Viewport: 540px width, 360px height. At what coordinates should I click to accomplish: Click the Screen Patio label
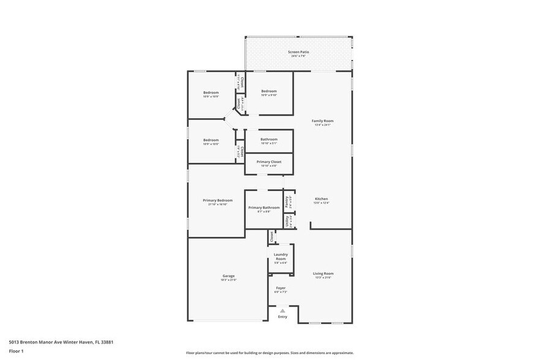(299, 52)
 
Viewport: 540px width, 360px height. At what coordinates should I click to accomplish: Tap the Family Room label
(322, 121)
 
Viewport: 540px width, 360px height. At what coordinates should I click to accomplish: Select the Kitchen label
(321, 199)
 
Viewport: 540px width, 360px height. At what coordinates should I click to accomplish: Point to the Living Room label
(323, 274)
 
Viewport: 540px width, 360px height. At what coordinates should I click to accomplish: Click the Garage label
(228, 276)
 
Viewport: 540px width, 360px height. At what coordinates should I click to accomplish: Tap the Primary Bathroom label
(264, 208)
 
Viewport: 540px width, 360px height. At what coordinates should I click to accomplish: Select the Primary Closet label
(269, 162)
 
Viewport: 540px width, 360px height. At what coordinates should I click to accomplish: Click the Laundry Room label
(280, 257)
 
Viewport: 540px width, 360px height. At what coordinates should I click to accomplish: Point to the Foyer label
(280, 288)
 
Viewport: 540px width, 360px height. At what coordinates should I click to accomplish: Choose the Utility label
(287, 221)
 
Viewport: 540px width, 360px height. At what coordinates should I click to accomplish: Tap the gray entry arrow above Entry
(282, 311)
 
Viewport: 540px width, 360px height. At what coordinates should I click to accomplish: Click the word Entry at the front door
(282, 317)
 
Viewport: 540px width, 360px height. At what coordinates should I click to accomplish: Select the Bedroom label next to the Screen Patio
(269, 91)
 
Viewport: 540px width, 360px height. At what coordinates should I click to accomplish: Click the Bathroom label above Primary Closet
(269, 139)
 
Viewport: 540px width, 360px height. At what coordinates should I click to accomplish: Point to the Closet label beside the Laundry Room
(271, 235)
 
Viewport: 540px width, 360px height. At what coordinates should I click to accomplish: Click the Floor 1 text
(16, 351)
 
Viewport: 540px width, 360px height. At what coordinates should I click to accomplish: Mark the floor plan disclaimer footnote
(269, 353)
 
